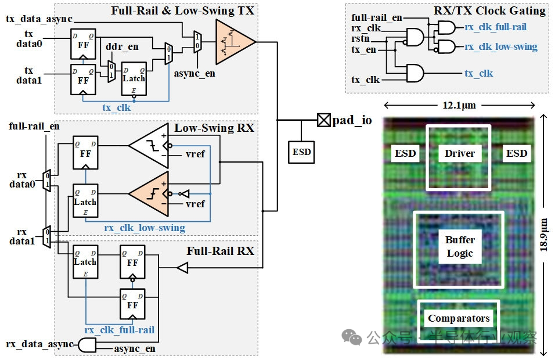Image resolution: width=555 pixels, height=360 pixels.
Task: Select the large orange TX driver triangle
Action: click(234, 42)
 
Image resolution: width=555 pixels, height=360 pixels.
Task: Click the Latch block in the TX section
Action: click(134, 78)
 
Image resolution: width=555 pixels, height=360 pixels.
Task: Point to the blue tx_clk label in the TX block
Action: click(116, 107)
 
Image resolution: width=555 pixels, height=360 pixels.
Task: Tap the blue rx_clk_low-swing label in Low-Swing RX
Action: click(145, 228)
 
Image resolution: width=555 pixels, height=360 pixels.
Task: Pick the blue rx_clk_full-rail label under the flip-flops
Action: click(120, 330)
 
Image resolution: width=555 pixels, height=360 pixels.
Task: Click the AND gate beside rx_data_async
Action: click(87, 345)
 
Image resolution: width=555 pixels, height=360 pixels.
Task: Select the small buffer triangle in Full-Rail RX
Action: click(182, 268)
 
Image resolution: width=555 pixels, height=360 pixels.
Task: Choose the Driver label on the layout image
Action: click(460, 153)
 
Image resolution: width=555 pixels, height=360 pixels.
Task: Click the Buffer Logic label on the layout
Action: click(460, 246)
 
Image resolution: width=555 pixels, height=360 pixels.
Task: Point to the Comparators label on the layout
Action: click(459, 318)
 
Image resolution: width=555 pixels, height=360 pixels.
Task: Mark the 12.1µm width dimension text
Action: click(459, 106)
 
